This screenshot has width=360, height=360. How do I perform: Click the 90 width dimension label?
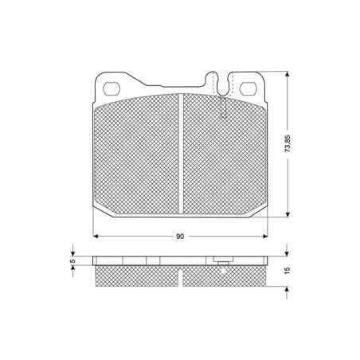tap(180, 237)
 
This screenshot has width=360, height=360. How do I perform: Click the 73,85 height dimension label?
tap(288, 143)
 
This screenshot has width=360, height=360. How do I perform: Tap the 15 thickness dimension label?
tap(287, 271)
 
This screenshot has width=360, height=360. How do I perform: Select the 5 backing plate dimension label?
tap(72, 261)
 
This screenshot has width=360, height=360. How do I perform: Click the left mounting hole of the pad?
tap(112, 88)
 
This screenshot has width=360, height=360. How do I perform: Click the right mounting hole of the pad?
tap(248, 88)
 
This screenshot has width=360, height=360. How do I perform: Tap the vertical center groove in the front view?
tap(181, 154)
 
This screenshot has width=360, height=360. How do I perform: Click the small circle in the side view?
tap(223, 271)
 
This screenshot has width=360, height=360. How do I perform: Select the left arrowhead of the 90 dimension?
tap(96, 237)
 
